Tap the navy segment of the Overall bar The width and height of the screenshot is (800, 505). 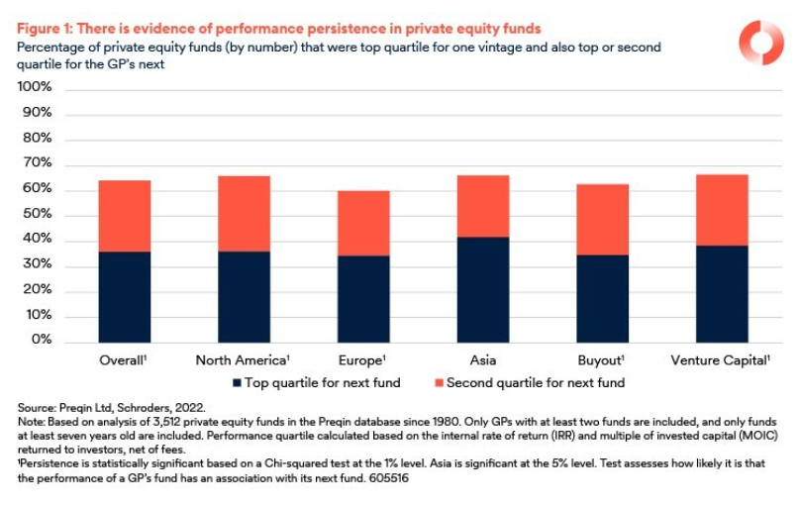point(125,296)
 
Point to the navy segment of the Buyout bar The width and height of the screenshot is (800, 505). point(603,298)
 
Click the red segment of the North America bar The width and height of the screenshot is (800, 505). point(245,213)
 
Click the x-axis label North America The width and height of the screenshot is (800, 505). point(242,359)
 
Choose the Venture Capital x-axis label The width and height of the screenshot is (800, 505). point(721,359)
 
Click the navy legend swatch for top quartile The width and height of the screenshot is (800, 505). point(237,383)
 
